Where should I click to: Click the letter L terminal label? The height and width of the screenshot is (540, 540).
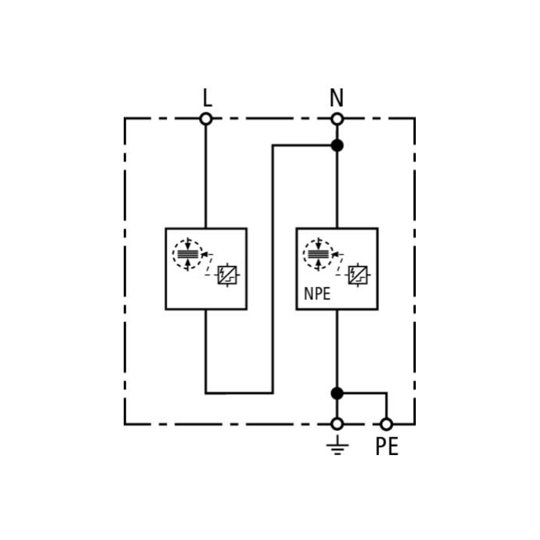coord(207,98)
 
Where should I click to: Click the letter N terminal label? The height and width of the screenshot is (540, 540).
coord(337,98)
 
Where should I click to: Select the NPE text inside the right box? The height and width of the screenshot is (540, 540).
coord(317,294)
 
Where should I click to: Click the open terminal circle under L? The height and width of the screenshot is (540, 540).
coord(206,119)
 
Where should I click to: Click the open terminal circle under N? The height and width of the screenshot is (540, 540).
coord(337,119)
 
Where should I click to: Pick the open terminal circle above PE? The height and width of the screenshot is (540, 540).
coord(386,424)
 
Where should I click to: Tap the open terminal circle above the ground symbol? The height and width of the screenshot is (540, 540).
coord(337,424)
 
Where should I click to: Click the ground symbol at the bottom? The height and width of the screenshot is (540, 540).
coord(338,445)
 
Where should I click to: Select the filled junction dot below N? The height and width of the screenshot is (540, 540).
coord(337,146)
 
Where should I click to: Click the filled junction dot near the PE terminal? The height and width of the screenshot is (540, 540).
coord(337,393)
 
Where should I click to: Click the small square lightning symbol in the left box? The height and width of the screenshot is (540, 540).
coord(227,275)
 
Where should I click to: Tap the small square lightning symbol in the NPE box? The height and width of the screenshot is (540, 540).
coord(358,275)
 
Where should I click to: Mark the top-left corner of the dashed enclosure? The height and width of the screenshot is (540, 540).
coord(125,118)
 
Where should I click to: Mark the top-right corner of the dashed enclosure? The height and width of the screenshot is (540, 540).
coord(415,118)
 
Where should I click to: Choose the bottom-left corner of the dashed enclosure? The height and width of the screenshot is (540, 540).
coord(125,424)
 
